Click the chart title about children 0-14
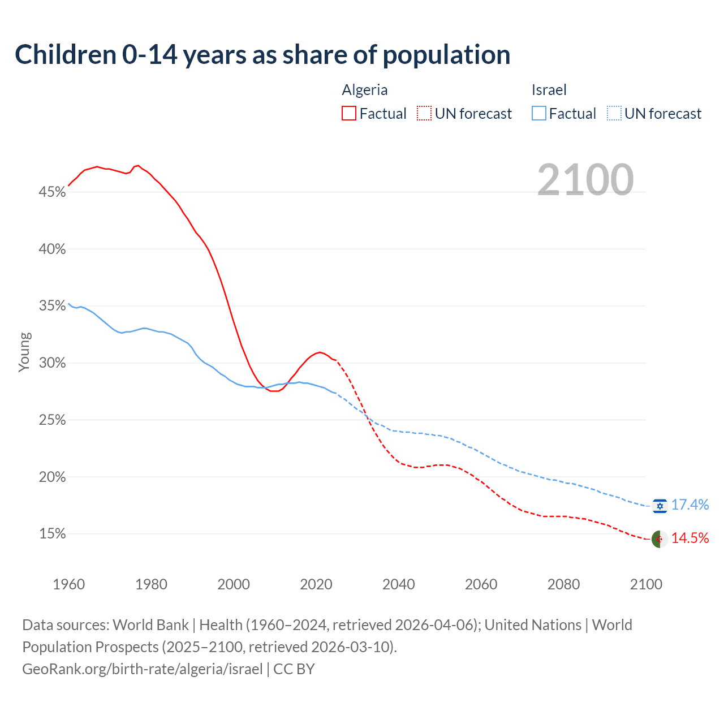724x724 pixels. pos(262,55)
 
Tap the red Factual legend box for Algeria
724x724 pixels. pos(349,114)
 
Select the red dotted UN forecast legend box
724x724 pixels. pos(424,114)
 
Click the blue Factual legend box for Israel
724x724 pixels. pos(539,114)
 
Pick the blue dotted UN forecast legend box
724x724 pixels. pos(614,114)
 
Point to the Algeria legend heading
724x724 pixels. pos(365,90)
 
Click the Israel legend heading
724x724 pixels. pos(549,90)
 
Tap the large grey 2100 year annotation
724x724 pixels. pos(585,179)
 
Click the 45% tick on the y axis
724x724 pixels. pos(52,192)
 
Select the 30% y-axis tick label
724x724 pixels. pos(52,363)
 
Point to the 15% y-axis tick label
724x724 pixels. pos(52,534)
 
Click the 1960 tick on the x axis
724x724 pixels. pos(68,584)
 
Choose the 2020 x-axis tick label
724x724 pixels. pos(316,584)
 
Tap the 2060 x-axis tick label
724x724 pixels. pos(481,584)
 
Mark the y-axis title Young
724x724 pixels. pos(24,352)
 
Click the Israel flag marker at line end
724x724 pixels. pos(660,506)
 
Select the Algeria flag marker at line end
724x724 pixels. pos(660,539)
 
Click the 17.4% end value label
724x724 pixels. pos(690,505)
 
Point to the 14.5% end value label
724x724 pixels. pos(690,538)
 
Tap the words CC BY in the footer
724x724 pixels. pos(294,669)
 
